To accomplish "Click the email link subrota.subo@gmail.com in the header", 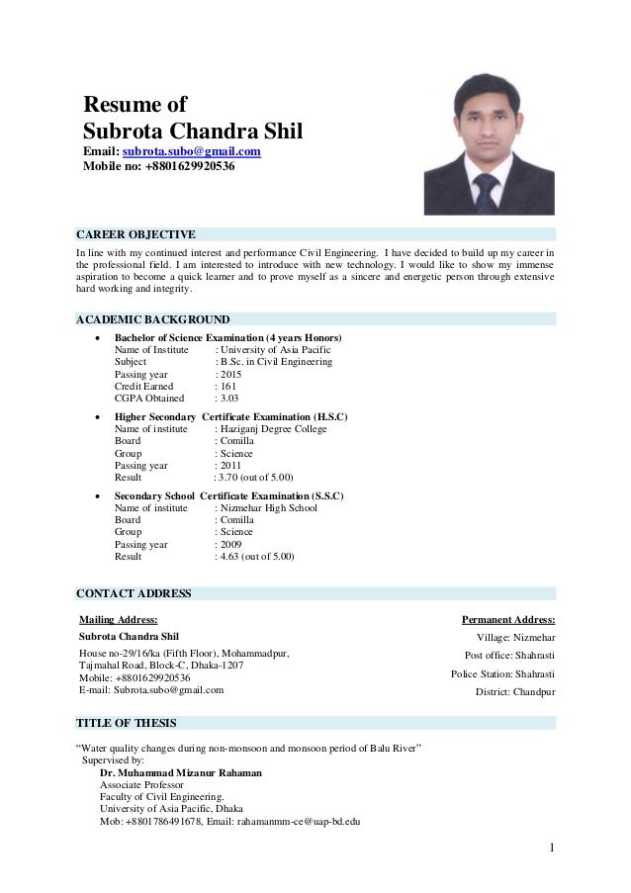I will click(x=191, y=151).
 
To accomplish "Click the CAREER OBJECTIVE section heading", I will click(x=135, y=234).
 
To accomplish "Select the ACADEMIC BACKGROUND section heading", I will click(x=152, y=320).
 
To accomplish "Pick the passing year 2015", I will click(x=229, y=375).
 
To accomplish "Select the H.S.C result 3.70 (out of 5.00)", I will click(x=254, y=477).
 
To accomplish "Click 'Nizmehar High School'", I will click(x=268, y=508).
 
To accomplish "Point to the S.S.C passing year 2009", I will click(x=229, y=544).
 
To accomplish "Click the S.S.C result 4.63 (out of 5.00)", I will click(x=257, y=557).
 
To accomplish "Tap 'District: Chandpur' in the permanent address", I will click(x=515, y=691).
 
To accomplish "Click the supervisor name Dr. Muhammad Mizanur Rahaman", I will click(x=181, y=773).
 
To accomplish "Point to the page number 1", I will click(x=551, y=848).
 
